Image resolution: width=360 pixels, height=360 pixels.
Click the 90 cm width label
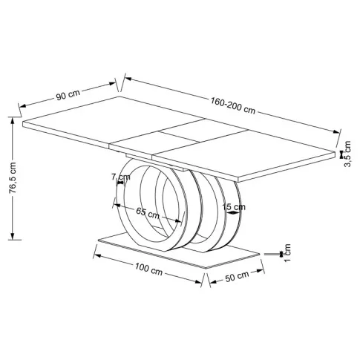68,95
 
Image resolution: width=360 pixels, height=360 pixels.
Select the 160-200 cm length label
233,105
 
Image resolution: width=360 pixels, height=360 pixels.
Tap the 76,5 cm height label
13,177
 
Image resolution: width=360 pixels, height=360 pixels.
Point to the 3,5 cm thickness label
347,154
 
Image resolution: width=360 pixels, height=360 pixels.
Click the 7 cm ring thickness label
120,177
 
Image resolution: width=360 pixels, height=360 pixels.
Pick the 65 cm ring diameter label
148,213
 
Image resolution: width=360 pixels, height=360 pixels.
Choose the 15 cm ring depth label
234,206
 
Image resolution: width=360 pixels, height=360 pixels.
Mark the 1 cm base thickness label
287,252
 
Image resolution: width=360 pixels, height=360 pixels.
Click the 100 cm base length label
148,269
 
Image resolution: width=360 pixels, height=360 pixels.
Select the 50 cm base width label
237,277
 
